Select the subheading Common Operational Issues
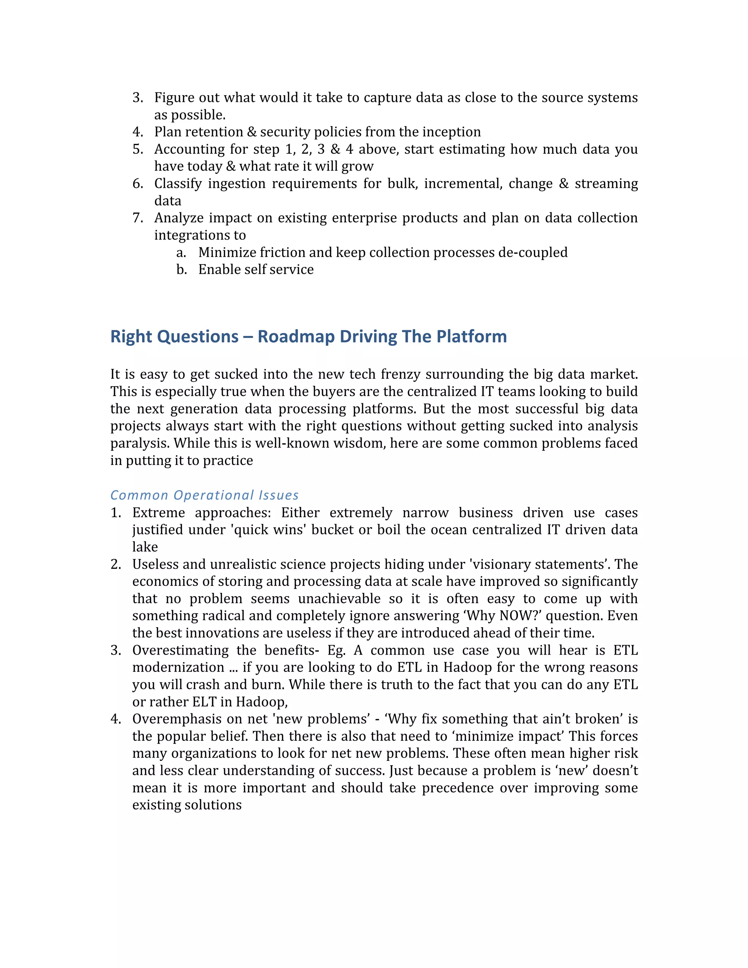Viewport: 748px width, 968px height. click(x=204, y=495)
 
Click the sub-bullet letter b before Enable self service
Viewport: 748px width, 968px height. click(x=181, y=270)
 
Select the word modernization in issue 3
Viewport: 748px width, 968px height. click(x=178, y=667)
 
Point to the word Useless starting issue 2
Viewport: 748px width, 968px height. click(x=155, y=564)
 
